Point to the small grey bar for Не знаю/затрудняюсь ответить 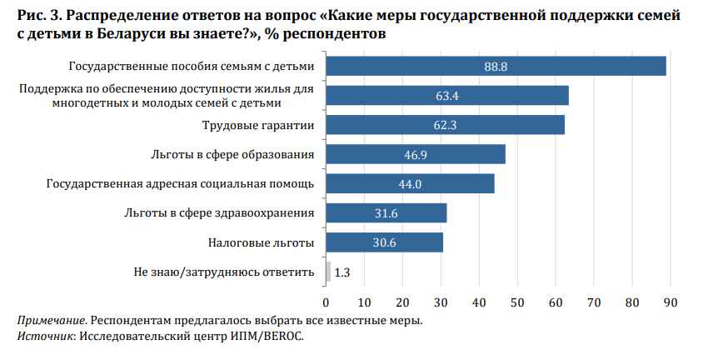click(x=328, y=272)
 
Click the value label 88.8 click(x=496, y=66)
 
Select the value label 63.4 click(x=447, y=96)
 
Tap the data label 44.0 click(x=411, y=184)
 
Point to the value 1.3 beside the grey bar click(x=342, y=272)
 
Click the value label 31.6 click(x=386, y=213)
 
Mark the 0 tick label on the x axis click(x=326, y=302)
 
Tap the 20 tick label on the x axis click(x=402, y=302)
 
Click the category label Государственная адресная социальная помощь click(x=180, y=183)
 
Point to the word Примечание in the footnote click(x=52, y=321)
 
